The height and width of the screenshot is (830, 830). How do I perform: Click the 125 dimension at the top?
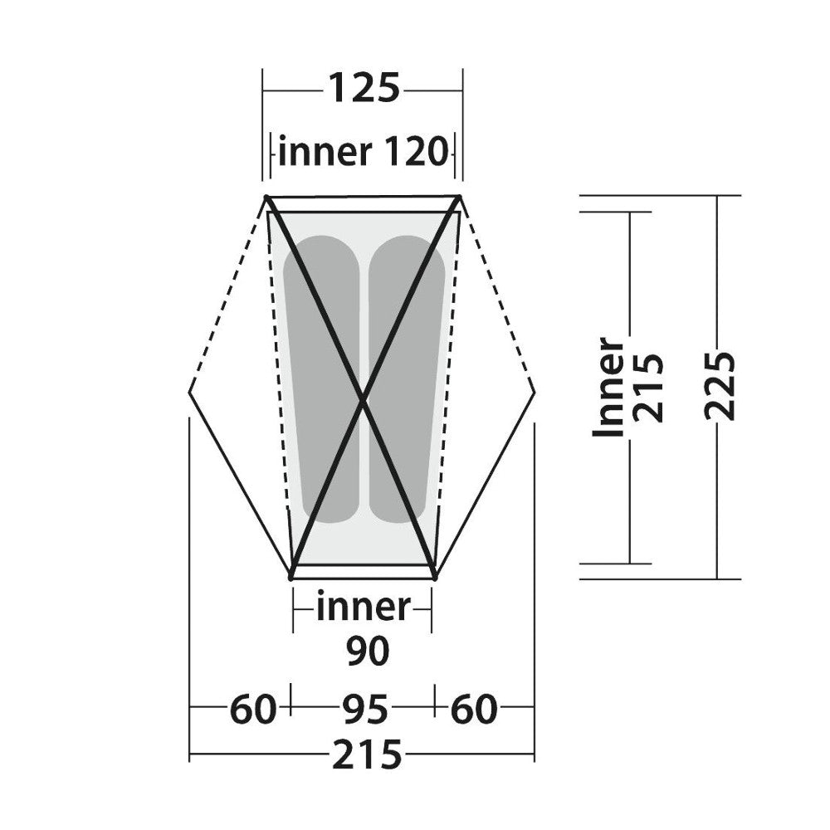click(x=364, y=88)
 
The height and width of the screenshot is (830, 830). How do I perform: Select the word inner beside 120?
click(x=325, y=152)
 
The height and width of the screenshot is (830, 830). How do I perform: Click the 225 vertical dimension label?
click(x=720, y=386)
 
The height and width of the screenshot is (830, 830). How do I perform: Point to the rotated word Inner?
click(x=608, y=387)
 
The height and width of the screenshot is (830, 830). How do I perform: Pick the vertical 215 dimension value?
click(x=648, y=387)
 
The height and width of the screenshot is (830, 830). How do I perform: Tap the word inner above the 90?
click(x=364, y=608)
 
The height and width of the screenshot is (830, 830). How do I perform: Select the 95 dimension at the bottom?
click(x=364, y=710)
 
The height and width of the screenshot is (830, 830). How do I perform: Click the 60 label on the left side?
click(x=253, y=710)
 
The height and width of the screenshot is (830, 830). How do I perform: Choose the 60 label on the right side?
click(x=474, y=710)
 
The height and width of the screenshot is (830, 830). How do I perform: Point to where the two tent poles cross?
click(x=363, y=403)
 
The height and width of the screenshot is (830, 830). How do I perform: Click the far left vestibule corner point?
click(x=190, y=393)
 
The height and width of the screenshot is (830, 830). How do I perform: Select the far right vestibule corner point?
click(x=535, y=393)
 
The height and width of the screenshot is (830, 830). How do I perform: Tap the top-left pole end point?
click(x=266, y=198)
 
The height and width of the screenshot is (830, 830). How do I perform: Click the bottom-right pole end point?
click(x=435, y=578)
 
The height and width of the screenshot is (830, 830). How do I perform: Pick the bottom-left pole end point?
click(x=290, y=578)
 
